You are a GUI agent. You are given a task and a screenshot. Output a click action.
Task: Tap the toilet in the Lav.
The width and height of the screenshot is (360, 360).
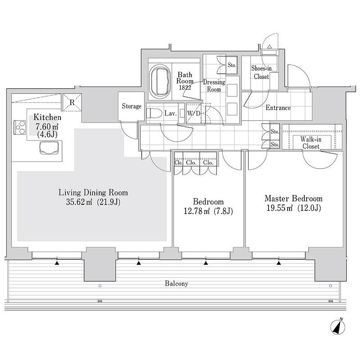154,113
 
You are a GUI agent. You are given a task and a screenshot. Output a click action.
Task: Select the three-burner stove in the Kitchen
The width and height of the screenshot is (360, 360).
20,127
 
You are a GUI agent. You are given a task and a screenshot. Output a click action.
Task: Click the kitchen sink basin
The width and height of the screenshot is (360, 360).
49,148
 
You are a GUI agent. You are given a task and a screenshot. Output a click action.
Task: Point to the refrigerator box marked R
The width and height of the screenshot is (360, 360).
72,102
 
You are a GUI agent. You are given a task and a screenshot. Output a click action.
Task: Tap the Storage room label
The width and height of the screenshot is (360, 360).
131,106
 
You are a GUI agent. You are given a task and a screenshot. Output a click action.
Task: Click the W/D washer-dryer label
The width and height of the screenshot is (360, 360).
193,113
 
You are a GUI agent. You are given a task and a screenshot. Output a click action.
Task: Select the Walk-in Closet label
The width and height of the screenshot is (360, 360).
311,143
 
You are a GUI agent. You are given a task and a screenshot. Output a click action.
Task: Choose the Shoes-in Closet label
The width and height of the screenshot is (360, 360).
261,72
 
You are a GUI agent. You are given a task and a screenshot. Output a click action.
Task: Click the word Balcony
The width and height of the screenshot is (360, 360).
176,284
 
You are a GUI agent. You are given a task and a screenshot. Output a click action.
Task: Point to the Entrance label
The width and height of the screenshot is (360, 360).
278,108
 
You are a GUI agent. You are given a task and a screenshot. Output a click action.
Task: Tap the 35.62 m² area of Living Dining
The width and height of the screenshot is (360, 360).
79,202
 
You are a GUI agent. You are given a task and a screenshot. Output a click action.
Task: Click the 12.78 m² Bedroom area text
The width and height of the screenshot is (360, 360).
197,211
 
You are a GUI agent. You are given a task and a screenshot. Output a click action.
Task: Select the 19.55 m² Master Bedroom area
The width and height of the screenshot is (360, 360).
279,208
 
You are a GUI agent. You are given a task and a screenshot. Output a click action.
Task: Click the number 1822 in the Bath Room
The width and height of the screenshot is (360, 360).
185,88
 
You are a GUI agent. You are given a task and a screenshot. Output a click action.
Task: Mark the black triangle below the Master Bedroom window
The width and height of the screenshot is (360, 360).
279,263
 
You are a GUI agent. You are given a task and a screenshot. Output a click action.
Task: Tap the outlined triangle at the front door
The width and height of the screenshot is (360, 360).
270,46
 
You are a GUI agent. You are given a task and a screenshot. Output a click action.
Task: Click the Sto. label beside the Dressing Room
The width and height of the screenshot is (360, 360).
232,65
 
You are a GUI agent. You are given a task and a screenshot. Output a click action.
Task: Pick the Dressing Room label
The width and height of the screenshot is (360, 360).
214,86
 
